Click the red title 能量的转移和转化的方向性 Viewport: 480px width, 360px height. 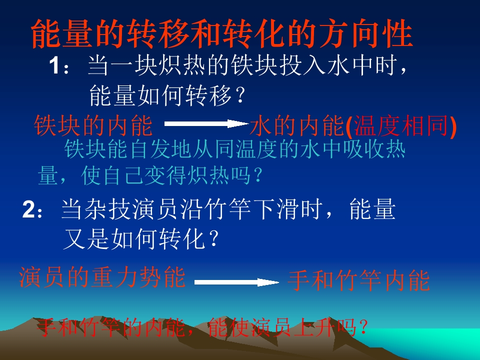(x=222, y=34)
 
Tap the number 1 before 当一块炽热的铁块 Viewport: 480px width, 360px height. (x=55, y=66)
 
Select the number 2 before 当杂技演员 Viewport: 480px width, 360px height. (x=28, y=210)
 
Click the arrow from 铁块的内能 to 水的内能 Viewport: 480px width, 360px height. (x=207, y=123)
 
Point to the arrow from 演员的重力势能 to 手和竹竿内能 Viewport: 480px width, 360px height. (x=236, y=282)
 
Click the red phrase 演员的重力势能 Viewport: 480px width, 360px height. (x=102, y=278)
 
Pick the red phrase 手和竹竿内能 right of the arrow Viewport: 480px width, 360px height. (x=358, y=281)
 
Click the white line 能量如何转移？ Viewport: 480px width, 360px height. (x=168, y=95)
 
